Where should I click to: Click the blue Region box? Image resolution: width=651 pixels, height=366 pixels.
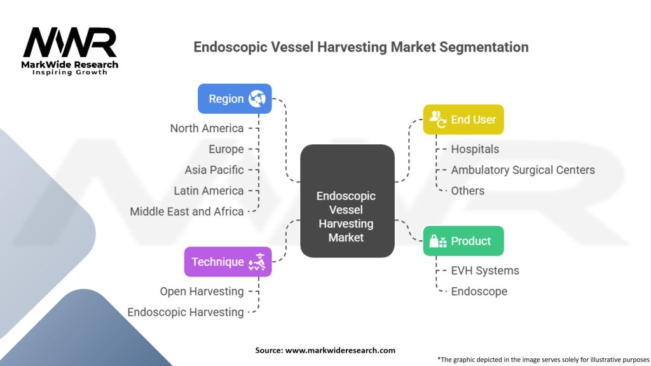tap(235, 98)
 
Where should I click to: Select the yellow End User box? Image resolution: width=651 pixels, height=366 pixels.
tap(463, 119)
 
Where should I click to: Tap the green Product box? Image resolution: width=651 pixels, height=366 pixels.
tap(463, 241)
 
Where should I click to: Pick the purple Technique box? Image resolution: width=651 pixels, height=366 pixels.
tap(228, 262)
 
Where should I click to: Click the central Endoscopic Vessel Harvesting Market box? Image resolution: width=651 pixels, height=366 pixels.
tap(347, 201)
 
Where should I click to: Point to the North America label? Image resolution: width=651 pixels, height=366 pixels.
tap(207, 128)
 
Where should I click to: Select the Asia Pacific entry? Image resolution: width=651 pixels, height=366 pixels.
tap(214, 170)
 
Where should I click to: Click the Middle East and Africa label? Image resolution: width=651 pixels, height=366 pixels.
tap(187, 212)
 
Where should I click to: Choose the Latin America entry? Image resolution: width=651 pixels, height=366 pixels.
tap(209, 191)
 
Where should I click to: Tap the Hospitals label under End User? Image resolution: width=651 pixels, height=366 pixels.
tap(475, 149)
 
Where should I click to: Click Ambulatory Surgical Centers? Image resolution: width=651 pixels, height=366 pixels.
tap(523, 170)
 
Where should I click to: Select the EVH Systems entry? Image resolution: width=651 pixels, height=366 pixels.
tap(485, 271)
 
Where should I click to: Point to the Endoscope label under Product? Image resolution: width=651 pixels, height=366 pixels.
tap(479, 291)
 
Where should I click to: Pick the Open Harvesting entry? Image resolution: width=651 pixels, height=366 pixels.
tap(202, 291)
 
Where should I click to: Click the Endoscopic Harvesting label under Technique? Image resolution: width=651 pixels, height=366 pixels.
tap(185, 312)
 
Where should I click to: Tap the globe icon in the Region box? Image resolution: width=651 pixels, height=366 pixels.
tap(257, 98)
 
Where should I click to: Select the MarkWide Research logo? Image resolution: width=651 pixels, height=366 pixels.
tap(70, 51)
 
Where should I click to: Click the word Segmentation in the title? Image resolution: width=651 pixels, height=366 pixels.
tap(484, 47)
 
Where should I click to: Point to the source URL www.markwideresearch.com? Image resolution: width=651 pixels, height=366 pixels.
tap(341, 350)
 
